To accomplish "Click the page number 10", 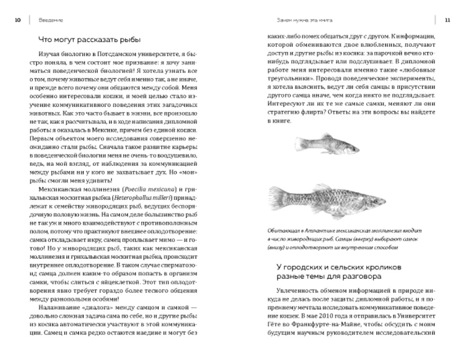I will pyautogui.click(x=18, y=20).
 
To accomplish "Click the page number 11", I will pyautogui.click(x=447, y=20).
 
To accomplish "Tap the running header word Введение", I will pyautogui.click(x=48, y=20).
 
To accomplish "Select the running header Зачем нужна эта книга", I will pyautogui.click(x=304, y=20).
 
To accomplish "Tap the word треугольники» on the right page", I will pyautogui.click(x=288, y=70).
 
